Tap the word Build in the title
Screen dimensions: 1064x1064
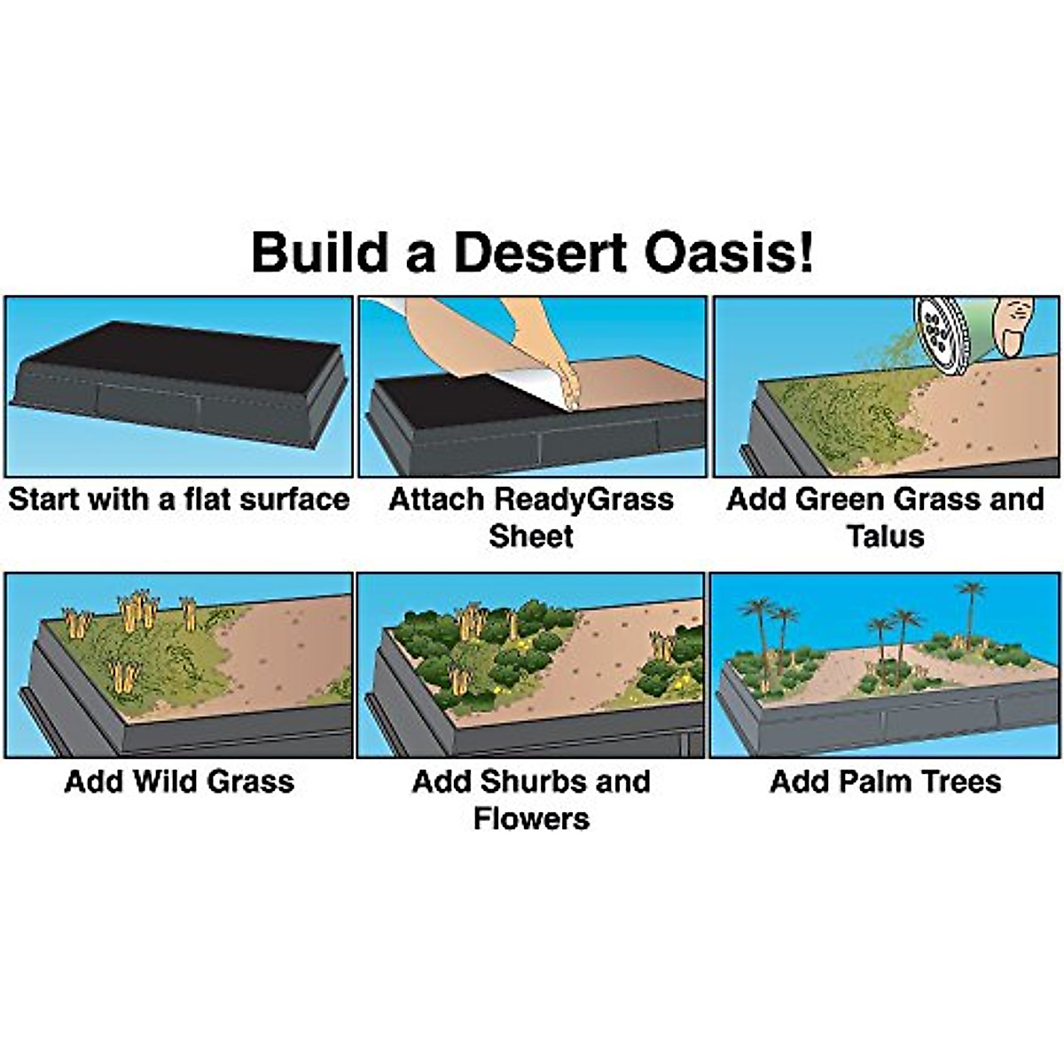tap(319, 251)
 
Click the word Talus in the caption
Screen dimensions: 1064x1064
tap(885, 536)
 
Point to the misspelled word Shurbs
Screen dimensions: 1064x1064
tap(532, 782)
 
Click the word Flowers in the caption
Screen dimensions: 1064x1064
tap(531, 818)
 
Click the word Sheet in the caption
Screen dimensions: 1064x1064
tap(531, 536)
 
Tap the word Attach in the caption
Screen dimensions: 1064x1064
tap(436, 500)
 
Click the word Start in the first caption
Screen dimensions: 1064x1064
tap(44, 500)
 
